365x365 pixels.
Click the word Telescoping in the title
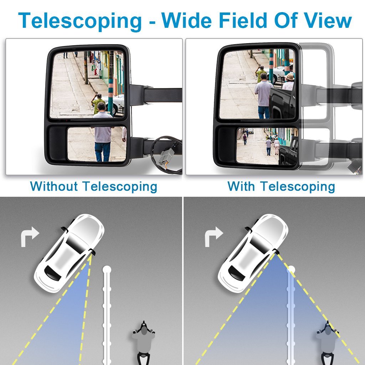coord(80,21)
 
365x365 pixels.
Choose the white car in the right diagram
coord(253,252)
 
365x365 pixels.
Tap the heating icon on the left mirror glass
coord(60,56)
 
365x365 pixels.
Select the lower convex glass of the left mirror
coord(97,144)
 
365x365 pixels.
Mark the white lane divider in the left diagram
coord(106,314)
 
